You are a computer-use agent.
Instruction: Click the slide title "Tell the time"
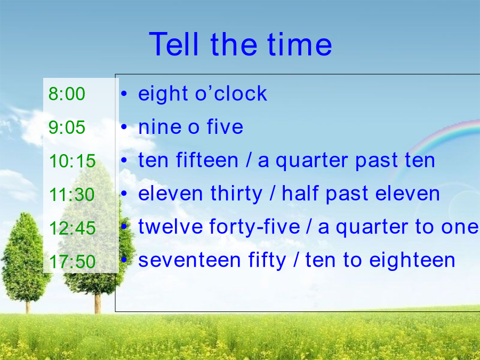click(241, 44)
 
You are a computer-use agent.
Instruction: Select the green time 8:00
click(67, 94)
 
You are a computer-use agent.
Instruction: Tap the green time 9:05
click(67, 127)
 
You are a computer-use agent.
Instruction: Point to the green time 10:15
click(72, 161)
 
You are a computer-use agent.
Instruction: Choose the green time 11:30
click(72, 194)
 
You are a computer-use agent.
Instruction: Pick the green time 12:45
click(72, 228)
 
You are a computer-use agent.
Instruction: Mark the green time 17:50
click(72, 262)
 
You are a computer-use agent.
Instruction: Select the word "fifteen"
click(207, 160)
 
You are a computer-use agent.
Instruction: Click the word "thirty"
click(236, 194)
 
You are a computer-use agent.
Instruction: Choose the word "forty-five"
click(254, 227)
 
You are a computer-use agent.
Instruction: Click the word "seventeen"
click(189, 260)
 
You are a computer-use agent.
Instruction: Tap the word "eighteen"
click(412, 261)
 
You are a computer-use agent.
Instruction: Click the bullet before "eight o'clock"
click(124, 93)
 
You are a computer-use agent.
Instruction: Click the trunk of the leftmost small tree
click(28, 306)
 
